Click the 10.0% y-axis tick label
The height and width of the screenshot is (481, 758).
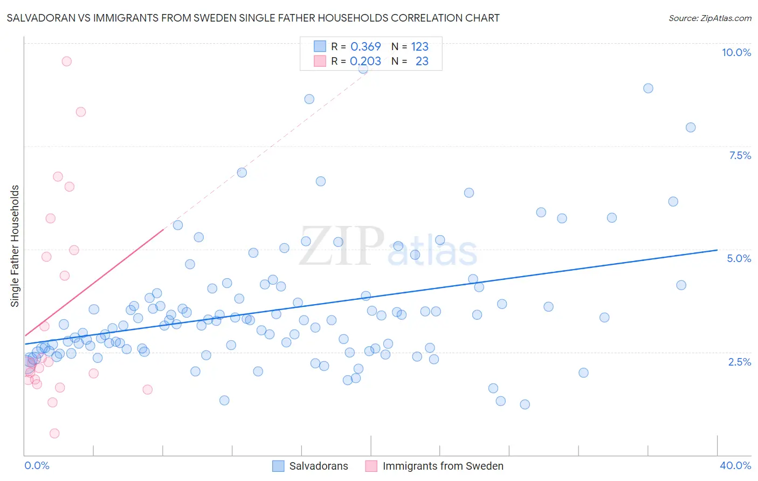coord(736,52)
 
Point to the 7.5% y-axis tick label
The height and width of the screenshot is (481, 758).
coord(740,155)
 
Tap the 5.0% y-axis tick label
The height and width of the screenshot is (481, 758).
coord(739,258)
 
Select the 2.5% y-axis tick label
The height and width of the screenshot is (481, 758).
coord(739,362)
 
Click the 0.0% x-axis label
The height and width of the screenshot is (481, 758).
coord(37,465)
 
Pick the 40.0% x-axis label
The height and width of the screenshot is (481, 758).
coord(735,465)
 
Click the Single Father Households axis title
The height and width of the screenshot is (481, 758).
coord(15,246)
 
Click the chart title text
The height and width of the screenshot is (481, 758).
coord(253,18)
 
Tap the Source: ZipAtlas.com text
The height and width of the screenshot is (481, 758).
coord(709,18)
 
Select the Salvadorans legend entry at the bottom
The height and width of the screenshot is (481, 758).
coord(318,466)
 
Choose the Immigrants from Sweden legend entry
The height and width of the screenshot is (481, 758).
coord(443,466)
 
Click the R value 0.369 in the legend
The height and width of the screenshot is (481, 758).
coord(366,46)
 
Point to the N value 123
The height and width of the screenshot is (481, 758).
coord(419,46)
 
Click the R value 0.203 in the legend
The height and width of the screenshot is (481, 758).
coord(366,61)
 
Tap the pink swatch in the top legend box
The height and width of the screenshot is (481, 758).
coord(320,61)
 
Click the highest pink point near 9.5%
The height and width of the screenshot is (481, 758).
coord(66,61)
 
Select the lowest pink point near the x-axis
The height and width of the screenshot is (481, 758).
coord(54,434)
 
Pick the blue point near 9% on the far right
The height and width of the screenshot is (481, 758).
coord(648,88)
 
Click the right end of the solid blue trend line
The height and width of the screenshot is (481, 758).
coord(717,250)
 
